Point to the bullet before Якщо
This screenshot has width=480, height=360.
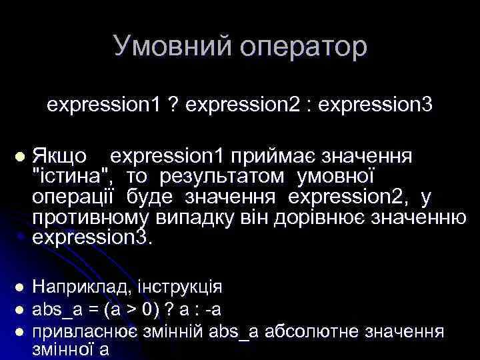pyautogui.click(x=19, y=157)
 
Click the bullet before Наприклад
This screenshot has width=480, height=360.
pyautogui.click(x=19, y=287)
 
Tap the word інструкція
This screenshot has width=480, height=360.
pyautogui.click(x=180, y=287)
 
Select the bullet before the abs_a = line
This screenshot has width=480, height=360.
pyautogui.click(x=19, y=309)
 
